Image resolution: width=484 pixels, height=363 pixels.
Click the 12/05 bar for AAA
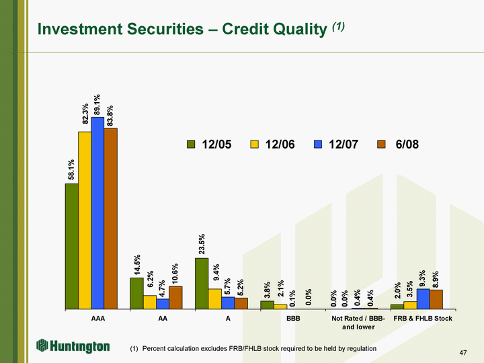coord(71,246)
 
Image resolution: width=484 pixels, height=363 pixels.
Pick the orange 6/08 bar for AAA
coord(111,218)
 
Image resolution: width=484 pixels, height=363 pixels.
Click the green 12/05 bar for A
coord(202,283)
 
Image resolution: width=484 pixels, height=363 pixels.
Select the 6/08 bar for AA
coord(176,298)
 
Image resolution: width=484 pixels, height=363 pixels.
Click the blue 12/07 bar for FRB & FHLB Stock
coord(423,299)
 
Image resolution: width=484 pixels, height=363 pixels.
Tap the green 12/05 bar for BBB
coord(267,305)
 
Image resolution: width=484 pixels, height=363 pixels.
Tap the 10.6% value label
coord(176,274)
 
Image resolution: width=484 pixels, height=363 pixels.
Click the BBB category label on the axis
coord(293,318)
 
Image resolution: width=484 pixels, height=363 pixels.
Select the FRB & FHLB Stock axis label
coord(423,318)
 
